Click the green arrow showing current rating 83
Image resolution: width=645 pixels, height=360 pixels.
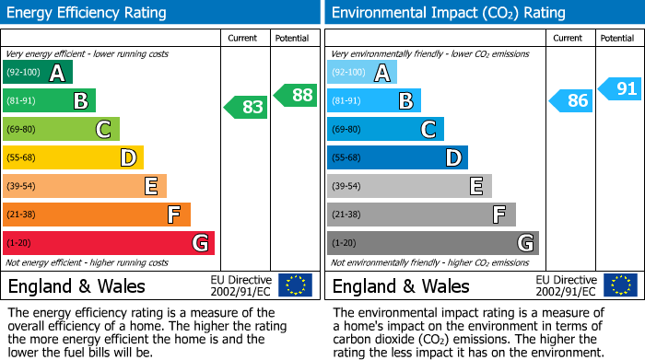click(246, 107)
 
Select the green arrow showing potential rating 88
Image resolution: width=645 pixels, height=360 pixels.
click(295, 95)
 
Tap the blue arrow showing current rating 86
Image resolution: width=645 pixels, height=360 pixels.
click(570, 100)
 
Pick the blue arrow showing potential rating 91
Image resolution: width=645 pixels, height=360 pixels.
click(619, 89)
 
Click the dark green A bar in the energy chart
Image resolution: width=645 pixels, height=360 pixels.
click(38, 73)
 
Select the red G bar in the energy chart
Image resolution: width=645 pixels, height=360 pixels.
click(109, 243)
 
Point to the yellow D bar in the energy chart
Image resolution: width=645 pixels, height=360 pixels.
click(73, 157)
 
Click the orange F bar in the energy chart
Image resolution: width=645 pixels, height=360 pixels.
click(97, 215)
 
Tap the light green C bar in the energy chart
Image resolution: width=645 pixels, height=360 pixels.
click(61, 129)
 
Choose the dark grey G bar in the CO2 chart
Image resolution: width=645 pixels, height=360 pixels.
click(433, 243)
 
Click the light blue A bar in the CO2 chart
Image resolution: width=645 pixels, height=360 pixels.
click(362, 73)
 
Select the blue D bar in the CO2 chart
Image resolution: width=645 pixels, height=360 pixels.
click(397, 157)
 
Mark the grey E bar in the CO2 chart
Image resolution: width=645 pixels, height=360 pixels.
click(409, 186)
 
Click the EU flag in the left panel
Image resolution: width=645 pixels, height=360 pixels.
click(295, 285)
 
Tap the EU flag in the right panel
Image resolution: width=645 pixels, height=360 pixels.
click(619, 285)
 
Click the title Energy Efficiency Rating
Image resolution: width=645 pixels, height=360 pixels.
click(88, 13)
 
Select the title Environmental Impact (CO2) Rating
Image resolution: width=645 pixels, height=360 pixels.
click(448, 13)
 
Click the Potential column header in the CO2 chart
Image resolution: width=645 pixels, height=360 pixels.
click(617, 38)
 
